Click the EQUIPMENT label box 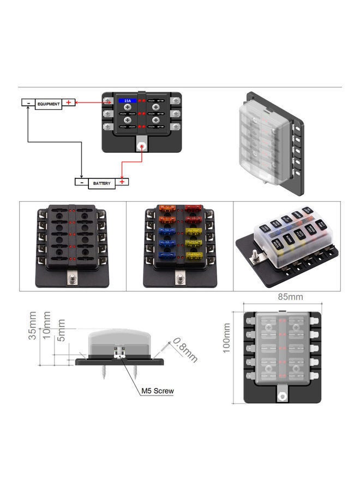click(x=49, y=103)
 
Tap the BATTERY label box click(x=101, y=183)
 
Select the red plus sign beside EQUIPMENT click(x=69, y=102)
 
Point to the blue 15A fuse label click(x=127, y=101)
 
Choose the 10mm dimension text click(x=47, y=324)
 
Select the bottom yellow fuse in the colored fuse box click(x=193, y=255)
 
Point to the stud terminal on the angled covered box click(x=254, y=254)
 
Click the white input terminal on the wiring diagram click(x=141, y=146)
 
